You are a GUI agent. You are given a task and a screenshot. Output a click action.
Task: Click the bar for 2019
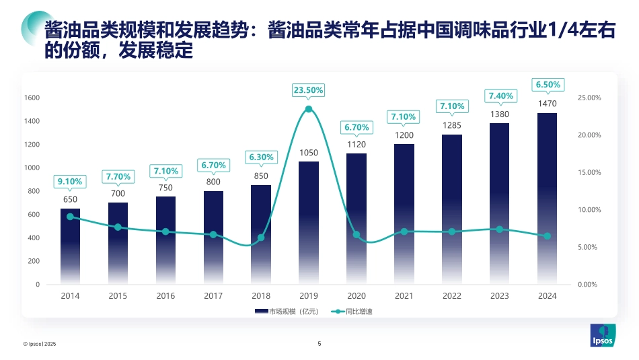(x=309, y=223)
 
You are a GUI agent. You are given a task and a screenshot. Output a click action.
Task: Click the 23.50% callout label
(x=309, y=89)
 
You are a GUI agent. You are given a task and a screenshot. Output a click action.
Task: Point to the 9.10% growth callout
(x=70, y=181)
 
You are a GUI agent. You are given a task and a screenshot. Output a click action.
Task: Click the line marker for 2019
(x=309, y=109)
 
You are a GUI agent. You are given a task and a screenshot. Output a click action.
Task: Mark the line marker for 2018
(x=261, y=238)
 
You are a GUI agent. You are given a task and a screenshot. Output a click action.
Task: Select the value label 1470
(x=547, y=104)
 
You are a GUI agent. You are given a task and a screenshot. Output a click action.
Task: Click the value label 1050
(x=309, y=153)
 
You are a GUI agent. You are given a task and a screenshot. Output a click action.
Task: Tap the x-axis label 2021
(x=404, y=296)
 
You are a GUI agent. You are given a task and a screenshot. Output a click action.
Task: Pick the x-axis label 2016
(x=165, y=296)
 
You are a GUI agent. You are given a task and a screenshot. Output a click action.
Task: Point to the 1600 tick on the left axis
(x=32, y=98)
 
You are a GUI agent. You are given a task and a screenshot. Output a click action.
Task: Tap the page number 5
(x=319, y=344)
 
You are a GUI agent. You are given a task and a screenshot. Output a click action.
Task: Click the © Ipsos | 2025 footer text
(x=40, y=344)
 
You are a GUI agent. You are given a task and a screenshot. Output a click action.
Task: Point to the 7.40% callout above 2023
(x=499, y=96)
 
